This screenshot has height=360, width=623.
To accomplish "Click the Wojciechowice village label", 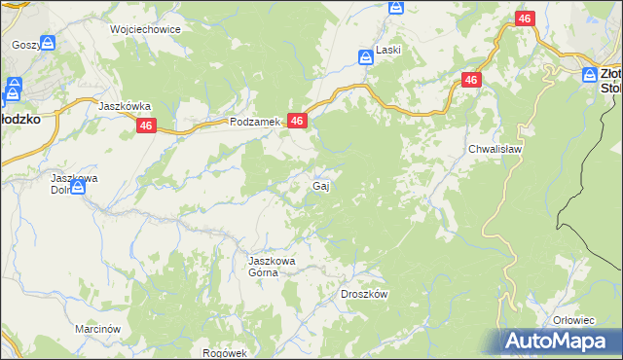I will click(x=146, y=29).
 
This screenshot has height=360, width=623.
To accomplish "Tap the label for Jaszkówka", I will click(x=124, y=105).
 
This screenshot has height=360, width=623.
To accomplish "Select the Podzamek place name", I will click(x=255, y=122).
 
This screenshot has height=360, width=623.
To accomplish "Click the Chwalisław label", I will click(x=496, y=150).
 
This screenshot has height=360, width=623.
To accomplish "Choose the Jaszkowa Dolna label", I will click(x=76, y=184).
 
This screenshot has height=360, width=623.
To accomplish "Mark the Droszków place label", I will click(x=365, y=294).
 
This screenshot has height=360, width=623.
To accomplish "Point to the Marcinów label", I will click(x=97, y=330).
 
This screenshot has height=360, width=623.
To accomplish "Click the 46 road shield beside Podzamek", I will click(x=298, y=121).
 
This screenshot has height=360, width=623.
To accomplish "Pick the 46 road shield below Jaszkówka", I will click(x=146, y=126).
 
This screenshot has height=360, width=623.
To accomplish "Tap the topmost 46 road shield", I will click(x=525, y=19).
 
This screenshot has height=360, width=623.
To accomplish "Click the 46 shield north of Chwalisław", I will click(x=471, y=81).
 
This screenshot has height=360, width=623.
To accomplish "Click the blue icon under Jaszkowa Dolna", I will click(x=78, y=205).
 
